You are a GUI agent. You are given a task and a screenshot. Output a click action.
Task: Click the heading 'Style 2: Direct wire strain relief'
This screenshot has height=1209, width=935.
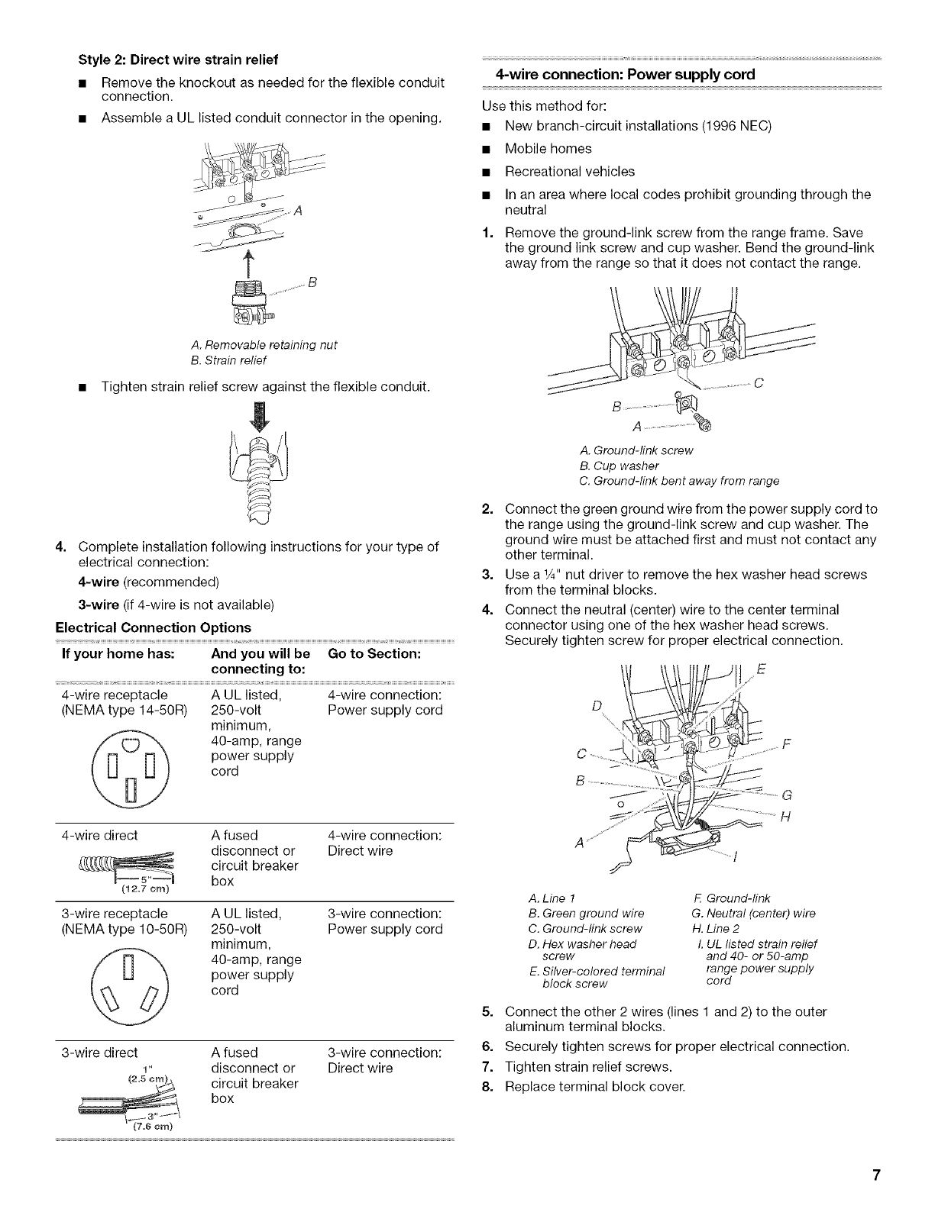177,59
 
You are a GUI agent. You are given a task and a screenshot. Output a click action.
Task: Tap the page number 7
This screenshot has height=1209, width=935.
878,1175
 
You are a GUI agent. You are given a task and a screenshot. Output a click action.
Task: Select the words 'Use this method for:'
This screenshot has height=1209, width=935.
539,107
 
